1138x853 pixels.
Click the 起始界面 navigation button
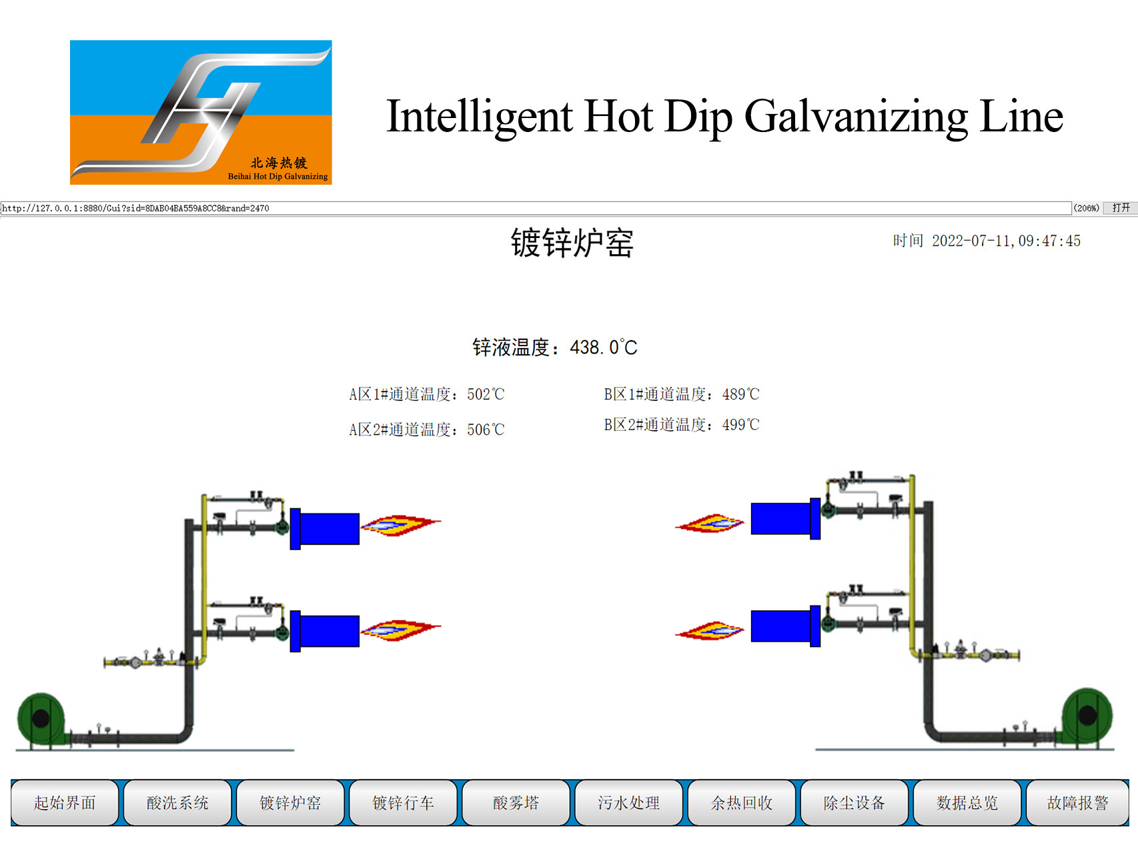[x=65, y=802]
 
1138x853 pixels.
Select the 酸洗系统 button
[x=177, y=802]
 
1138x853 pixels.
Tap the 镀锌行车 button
[x=403, y=802]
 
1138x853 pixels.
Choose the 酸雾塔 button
[x=516, y=802]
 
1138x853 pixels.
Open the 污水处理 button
[x=628, y=802]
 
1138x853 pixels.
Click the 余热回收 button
[x=741, y=802]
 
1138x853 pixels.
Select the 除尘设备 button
[x=854, y=802]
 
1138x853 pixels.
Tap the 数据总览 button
[x=967, y=802]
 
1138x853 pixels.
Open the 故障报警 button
[x=1077, y=802]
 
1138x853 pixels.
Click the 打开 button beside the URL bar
[x=1121, y=208]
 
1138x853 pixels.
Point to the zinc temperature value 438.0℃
[x=604, y=347]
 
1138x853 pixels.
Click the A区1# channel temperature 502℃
[x=486, y=394]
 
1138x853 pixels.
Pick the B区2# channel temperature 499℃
[x=741, y=425]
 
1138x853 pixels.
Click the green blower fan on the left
[x=41, y=719]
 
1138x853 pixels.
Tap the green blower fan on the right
[x=1087, y=716]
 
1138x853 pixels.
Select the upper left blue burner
[x=325, y=529]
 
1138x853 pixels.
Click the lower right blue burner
[x=786, y=626]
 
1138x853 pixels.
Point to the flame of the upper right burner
[x=710, y=524]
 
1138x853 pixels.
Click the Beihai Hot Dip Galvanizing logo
[x=201, y=112]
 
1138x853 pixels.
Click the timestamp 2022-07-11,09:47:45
[x=1006, y=241]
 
